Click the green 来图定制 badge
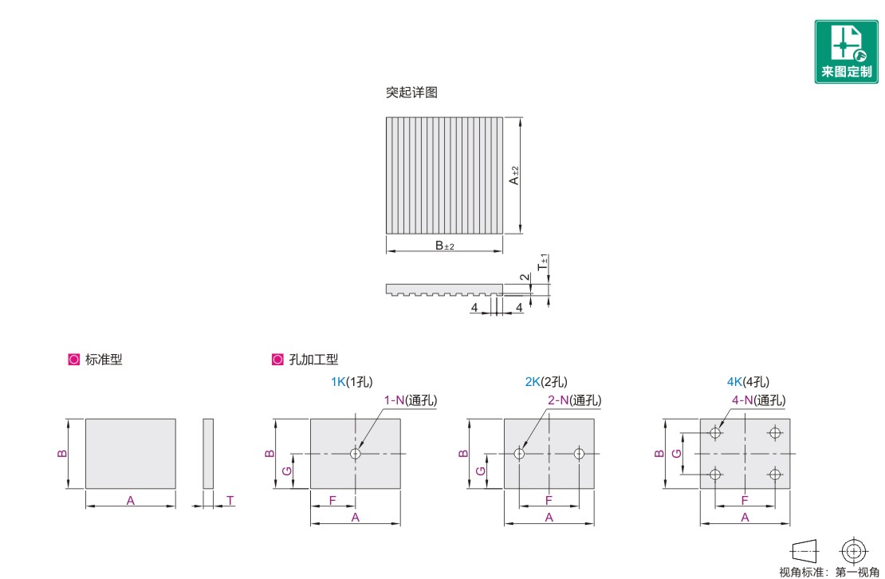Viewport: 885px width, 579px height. point(846,52)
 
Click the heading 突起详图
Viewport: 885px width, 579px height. point(411,92)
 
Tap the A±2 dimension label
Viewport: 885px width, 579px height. point(513,175)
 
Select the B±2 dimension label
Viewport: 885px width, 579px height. point(445,246)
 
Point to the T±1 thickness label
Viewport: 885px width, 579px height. point(544,262)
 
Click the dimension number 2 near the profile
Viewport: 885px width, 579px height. point(525,277)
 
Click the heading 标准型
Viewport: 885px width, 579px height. point(104,360)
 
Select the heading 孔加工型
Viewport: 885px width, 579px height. point(313,360)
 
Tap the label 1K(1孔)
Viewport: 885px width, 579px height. point(352,382)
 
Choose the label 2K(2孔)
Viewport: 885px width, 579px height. point(546,382)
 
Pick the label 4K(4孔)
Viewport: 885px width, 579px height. point(748,382)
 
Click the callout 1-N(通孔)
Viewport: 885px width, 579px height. point(411,400)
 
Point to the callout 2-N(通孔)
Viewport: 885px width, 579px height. point(575,400)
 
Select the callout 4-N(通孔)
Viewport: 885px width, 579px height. point(758,400)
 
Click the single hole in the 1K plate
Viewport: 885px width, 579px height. point(356,453)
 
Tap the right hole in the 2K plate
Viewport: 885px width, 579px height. point(579,453)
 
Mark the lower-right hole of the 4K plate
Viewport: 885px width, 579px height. point(775,474)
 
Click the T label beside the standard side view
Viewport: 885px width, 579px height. point(230,500)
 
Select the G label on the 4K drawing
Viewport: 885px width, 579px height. point(677,453)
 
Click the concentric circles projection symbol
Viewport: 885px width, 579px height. point(853,551)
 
